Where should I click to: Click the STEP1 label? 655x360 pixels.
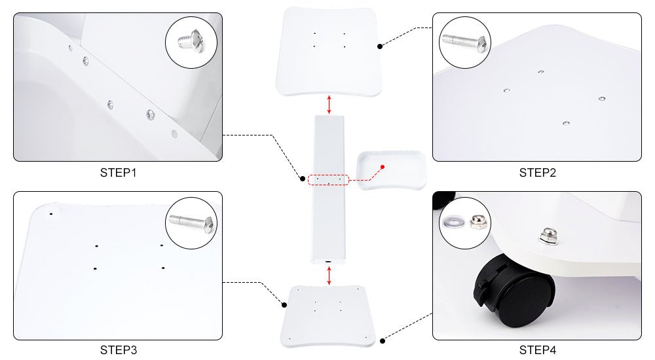click(118, 173)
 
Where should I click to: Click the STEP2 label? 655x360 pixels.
click(538, 173)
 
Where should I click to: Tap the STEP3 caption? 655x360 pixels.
click(118, 350)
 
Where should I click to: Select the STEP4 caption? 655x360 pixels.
click(538, 350)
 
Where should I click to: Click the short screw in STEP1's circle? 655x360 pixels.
click(191, 41)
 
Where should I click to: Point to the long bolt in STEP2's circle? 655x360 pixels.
click(465, 42)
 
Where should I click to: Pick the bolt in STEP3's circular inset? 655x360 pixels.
click(192, 223)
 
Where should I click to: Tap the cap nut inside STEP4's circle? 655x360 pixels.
click(477, 221)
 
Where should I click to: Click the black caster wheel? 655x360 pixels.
click(514, 293)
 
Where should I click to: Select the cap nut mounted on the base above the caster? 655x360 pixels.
click(548, 236)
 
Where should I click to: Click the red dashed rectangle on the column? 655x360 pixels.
click(328, 180)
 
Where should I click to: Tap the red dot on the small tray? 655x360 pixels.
click(383, 167)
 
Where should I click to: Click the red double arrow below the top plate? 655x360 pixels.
click(329, 105)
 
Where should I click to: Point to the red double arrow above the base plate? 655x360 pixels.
click(329, 276)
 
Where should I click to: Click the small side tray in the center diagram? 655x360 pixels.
click(392, 170)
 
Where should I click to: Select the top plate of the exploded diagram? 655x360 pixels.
click(329, 51)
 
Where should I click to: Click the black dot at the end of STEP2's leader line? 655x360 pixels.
click(380, 46)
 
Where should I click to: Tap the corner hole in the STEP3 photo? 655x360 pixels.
click(51, 214)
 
